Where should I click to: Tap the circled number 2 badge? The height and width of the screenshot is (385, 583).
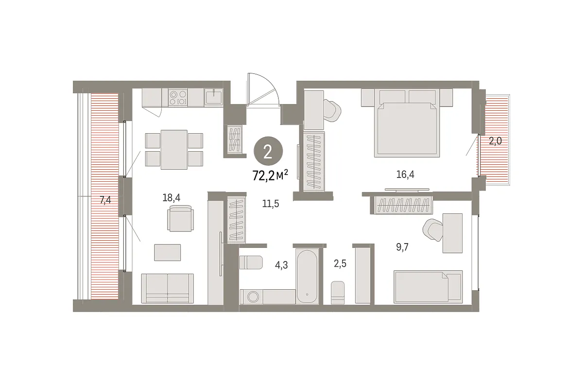tap(268, 151)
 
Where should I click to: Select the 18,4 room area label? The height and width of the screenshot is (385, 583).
tap(171, 198)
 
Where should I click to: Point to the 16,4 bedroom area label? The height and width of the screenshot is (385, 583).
tap(405, 174)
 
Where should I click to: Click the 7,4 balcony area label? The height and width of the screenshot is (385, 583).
tap(105, 200)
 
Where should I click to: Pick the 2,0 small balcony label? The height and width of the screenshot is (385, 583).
tap(495, 141)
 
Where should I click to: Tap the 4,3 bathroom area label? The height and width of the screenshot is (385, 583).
tap(281, 265)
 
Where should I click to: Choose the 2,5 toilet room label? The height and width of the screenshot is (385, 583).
tap(340, 263)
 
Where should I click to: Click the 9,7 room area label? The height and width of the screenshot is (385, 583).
tap(402, 246)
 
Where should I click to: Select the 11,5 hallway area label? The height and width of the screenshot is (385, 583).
tap(271, 204)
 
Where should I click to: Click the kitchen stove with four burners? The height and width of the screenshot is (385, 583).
tap(178, 97)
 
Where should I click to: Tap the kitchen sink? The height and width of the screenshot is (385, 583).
tap(213, 97)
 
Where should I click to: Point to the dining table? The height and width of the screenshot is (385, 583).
tap(174, 150)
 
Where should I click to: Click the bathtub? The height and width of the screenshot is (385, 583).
tap(307, 276)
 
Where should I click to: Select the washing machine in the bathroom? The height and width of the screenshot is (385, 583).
tap(252, 297)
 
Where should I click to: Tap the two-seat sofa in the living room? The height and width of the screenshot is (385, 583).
tap(167, 288)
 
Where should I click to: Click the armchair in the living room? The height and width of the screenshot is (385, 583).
tap(180, 218)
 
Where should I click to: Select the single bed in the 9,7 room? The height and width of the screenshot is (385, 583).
tap(428, 286)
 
